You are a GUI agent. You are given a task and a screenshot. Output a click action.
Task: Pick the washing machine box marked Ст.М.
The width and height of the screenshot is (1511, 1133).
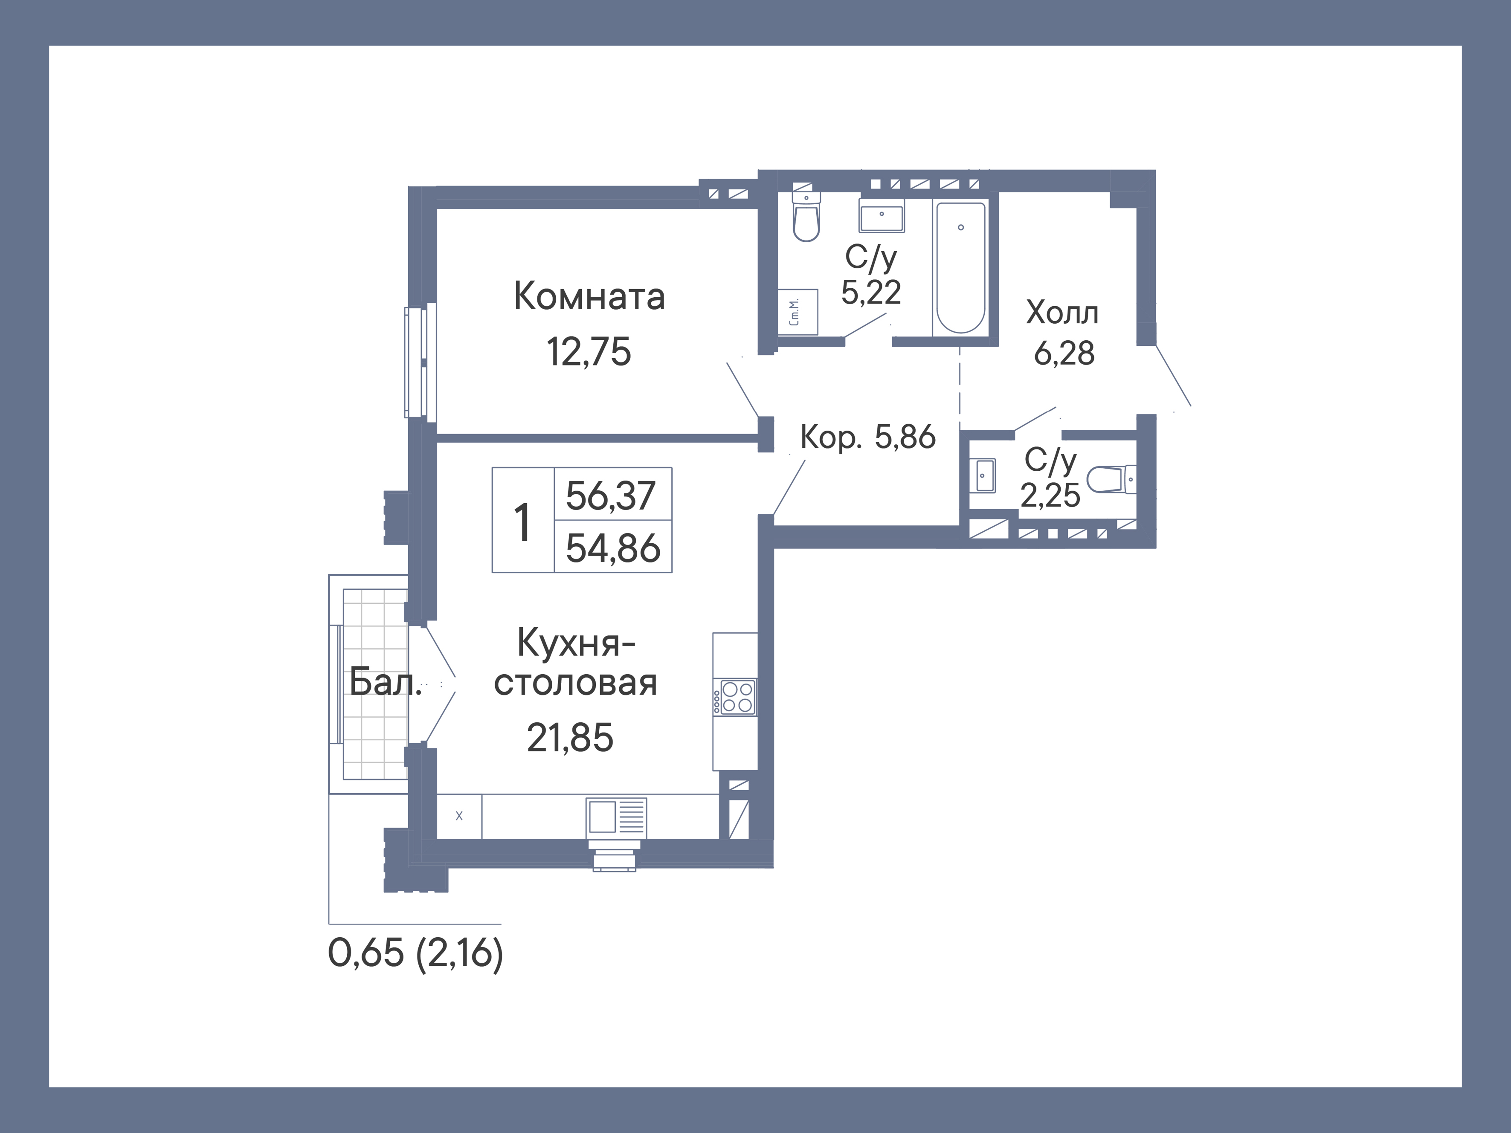797,312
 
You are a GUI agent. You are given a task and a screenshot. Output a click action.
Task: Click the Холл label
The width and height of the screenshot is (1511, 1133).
1062,313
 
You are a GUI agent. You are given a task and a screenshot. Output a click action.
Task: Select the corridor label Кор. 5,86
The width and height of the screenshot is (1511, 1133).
867,437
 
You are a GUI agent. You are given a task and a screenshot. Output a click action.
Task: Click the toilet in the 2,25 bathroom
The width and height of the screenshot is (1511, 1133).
1110,479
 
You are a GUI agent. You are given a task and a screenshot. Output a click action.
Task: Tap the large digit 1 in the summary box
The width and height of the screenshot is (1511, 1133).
522,522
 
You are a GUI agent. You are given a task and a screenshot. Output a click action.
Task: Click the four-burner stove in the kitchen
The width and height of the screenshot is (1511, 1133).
736,697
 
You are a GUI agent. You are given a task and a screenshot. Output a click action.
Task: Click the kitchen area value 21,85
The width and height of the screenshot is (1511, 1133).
570,738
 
